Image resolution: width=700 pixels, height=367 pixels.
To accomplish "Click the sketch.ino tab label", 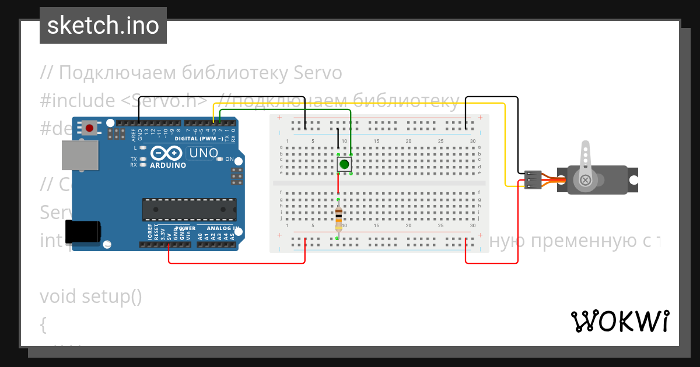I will [x=103, y=26].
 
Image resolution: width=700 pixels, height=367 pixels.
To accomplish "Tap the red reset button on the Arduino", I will [x=89, y=128].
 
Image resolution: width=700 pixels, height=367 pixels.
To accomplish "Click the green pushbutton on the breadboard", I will [x=344, y=164].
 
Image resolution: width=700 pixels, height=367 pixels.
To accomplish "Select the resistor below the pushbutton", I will [x=338, y=219].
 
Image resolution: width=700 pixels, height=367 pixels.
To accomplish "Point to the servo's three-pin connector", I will [x=533, y=179].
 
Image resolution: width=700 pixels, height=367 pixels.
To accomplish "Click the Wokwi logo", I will [x=619, y=321].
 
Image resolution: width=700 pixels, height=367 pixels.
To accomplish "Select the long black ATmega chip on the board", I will [x=190, y=210].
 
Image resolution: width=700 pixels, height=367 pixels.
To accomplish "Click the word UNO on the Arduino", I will [x=202, y=154].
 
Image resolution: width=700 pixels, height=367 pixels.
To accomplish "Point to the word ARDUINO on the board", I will [x=167, y=165].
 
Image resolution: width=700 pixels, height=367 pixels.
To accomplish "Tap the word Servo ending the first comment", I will [x=317, y=73].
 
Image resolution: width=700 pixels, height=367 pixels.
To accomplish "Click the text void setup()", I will [x=91, y=297].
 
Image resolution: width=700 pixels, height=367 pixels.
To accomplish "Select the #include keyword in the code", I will [x=78, y=101].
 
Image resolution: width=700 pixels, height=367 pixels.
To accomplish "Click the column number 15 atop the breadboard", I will [x=376, y=142].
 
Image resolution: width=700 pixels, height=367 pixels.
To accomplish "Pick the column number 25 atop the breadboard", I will [x=440, y=142].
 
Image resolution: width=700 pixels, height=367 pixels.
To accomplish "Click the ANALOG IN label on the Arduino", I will [x=219, y=228].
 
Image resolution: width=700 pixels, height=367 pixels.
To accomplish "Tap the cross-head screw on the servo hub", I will [x=585, y=181].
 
